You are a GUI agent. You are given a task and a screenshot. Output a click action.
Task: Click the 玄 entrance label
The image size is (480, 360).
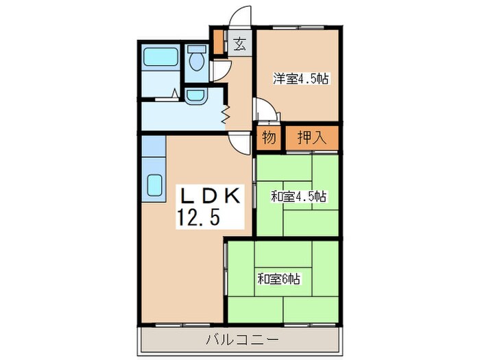tap(240, 45)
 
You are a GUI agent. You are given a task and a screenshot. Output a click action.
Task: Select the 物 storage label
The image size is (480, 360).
tap(269, 138)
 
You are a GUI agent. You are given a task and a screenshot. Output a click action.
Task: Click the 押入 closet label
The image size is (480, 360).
tap(311, 138)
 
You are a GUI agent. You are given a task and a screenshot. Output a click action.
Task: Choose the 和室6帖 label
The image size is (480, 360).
tap(279, 279)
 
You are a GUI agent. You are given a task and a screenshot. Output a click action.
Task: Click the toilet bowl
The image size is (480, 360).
tap(197, 61)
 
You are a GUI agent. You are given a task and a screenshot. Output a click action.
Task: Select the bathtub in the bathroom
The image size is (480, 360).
tap(160, 57)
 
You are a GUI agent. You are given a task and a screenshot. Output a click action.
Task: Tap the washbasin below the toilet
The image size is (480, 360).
tap(195, 95)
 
